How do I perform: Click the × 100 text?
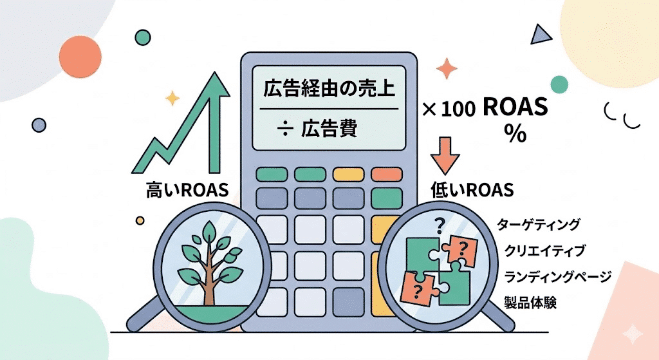pyautogui.click(x=449, y=109)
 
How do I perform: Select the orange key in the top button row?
pyautogui.click(x=386, y=174)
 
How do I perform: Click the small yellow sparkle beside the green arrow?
pyautogui.click(x=172, y=98)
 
